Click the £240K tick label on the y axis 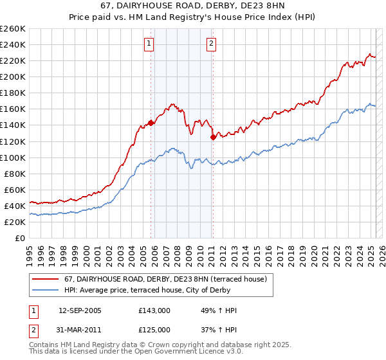[x=12, y=44]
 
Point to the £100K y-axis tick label [x=12, y=157]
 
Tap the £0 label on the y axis [x=20, y=238]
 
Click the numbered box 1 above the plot [x=149, y=44]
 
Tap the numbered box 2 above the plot [x=211, y=44]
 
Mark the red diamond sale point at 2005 [x=151, y=122]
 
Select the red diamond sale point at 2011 [x=213, y=136]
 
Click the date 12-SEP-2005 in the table [x=80, y=310]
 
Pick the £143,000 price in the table [x=154, y=310]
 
